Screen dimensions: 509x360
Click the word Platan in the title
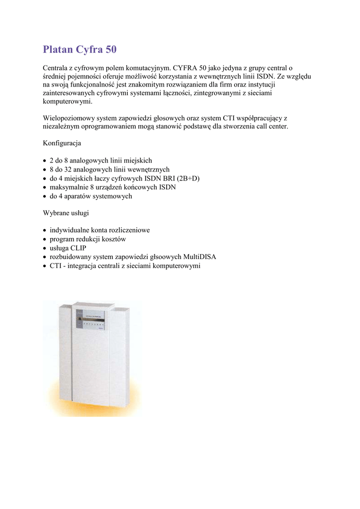pos(58,49)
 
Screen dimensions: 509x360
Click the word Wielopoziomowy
pos(68,118)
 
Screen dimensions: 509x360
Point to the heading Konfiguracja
pos(62,143)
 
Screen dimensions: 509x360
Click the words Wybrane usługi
pos(67,213)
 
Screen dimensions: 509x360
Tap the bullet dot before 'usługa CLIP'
pos(45,248)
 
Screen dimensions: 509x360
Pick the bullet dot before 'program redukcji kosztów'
pos(45,239)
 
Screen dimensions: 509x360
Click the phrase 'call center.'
pos(272,126)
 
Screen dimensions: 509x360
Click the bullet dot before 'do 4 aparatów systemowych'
pos(45,196)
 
